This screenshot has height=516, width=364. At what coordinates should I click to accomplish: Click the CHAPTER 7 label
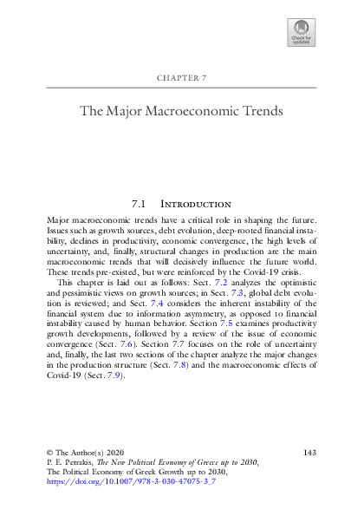182,79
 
